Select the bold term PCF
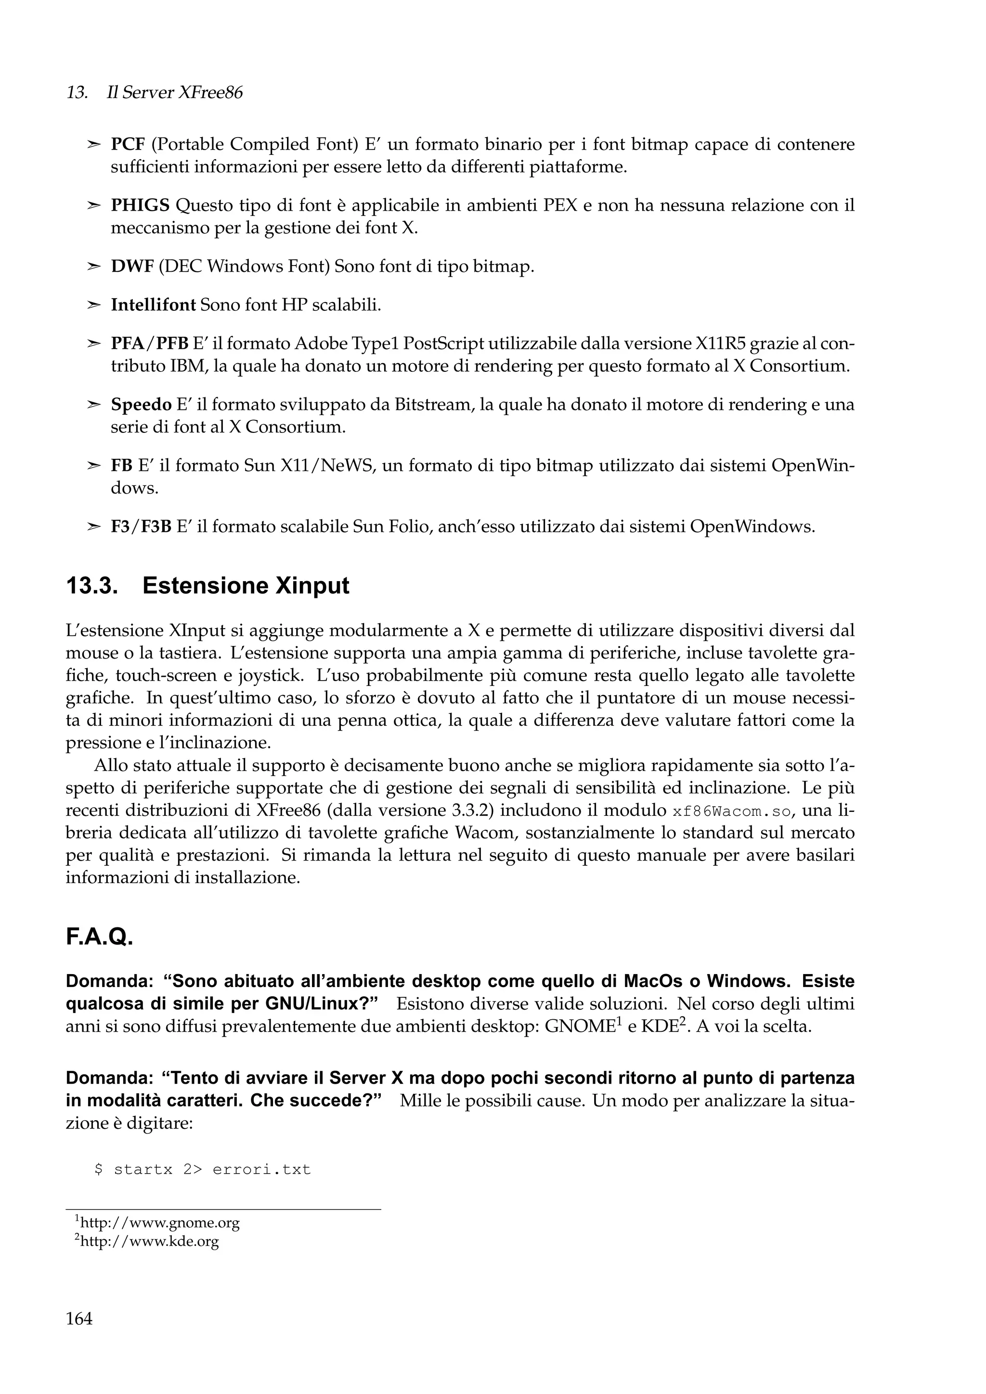coord(128,144)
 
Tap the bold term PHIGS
coord(140,206)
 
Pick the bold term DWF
coord(132,266)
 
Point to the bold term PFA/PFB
coord(149,343)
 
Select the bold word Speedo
coord(141,405)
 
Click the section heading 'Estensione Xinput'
coord(246,586)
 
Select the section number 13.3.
coord(91,586)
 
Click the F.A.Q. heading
coord(99,937)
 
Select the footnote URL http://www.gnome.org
coord(160,1222)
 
